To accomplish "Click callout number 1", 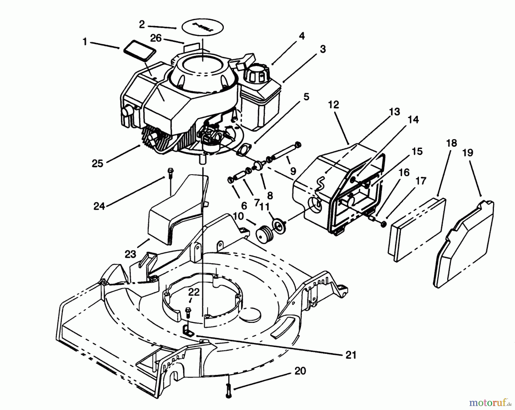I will (x=85, y=42).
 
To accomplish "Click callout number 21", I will (x=351, y=355).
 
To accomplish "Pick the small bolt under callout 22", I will (x=188, y=312).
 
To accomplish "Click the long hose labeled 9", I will (x=286, y=151).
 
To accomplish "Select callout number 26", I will (x=156, y=38).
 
